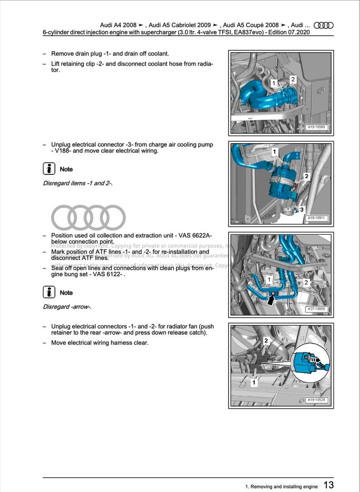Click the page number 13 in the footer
(x=329, y=485)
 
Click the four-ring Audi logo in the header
(x=324, y=25)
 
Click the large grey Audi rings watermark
(x=88, y=217)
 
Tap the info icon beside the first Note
(x=49, y=169)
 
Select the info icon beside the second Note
(x=49, y=292)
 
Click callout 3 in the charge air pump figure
(x=302, y=209)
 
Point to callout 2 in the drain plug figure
(x=293, y=79)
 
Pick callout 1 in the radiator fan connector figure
(x=254, y=383)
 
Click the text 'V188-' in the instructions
(x=61, y=151)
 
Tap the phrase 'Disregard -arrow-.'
(x=67, y=307)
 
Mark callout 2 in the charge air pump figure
(x=306, y=176)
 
